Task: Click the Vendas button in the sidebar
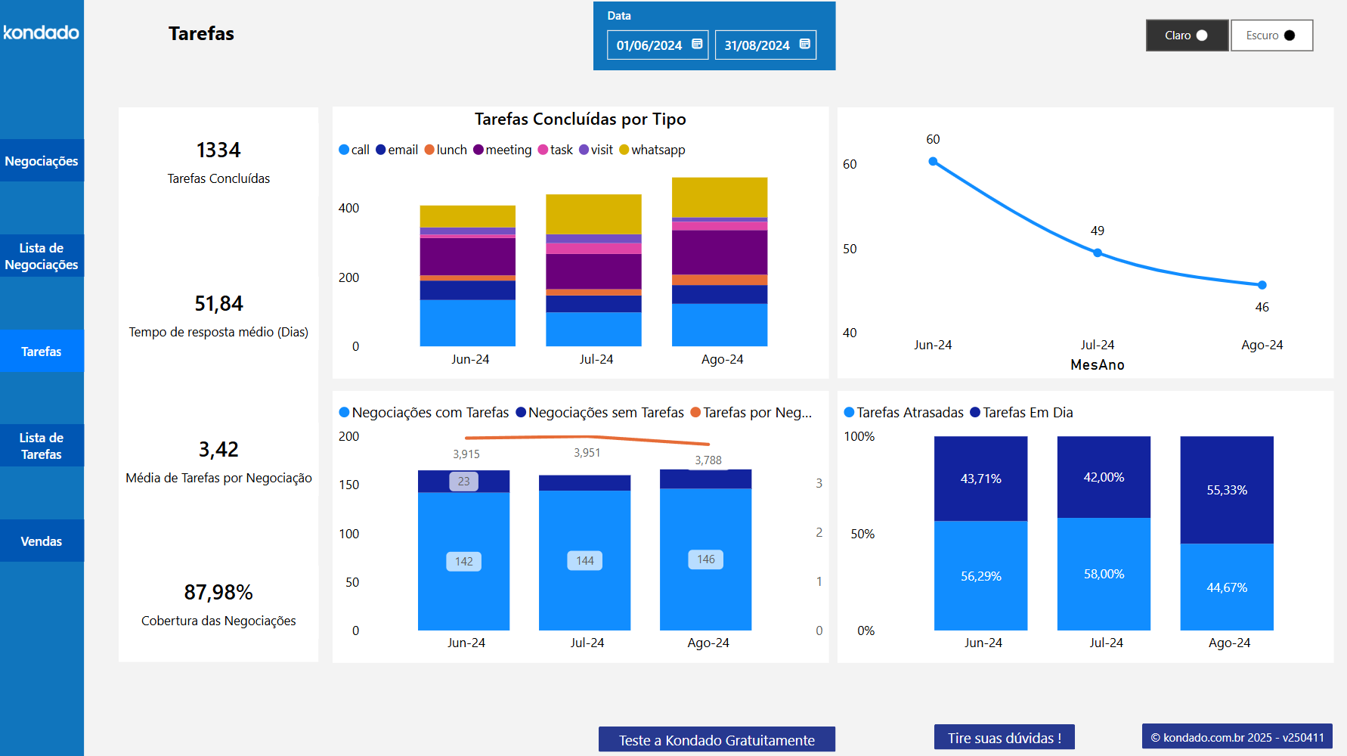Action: tap(42, 541)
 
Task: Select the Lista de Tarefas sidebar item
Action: tap(42, 446)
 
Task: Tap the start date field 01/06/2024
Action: tap(649, 45)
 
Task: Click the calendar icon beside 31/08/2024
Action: tap(805, 44)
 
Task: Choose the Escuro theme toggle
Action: tap(1271, 36)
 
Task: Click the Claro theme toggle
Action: tap(1187, 36)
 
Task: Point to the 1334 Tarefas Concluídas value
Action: tap(218, 150)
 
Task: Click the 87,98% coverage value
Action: tap(218, 592)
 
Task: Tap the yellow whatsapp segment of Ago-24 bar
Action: tap(720, 197)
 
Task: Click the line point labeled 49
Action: tap(1098, 253)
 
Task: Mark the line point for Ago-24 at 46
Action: tap(1262, 285)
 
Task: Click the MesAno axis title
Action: tap(1097, 364)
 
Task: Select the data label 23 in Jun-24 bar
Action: tap(463, 481)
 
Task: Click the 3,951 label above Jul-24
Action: tap(587, 453)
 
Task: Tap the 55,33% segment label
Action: tap(1227, 490)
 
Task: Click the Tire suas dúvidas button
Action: tap(1004, 738)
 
